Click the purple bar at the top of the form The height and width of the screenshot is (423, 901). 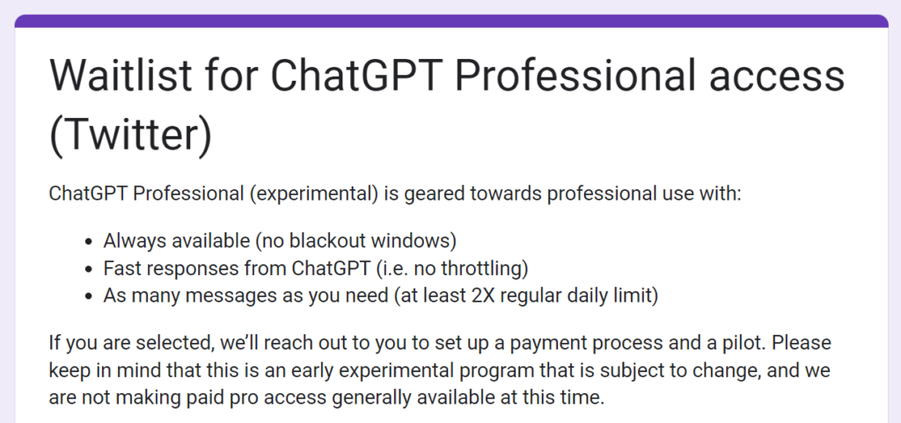pyautogui.click(x=450, y=20)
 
